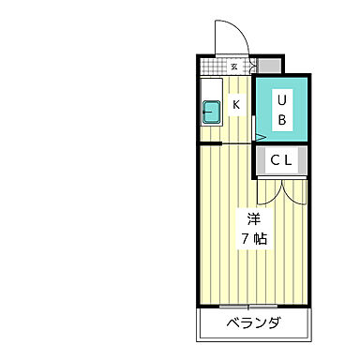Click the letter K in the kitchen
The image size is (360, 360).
pyautogui.click(x=236, y=105)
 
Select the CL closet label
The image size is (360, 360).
pyautogui.click(x=282, y=161)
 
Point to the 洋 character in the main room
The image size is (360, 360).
pyautogui.click(x=253, y=219)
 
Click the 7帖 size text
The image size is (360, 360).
pyautogui.click(x=253, y=240)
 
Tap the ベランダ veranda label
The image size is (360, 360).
pyautogui.click(x=253, y=324)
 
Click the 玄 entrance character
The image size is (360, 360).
pyautogui.click(x=234, y=67)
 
